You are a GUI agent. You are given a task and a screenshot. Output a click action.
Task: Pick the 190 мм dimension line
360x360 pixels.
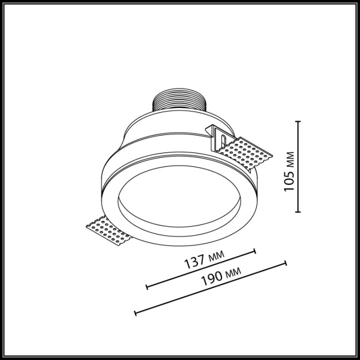(210, 287)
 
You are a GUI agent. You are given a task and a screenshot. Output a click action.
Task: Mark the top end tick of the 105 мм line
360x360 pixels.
(299, 121)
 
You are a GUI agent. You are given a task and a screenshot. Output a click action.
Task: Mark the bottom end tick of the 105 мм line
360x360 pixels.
(299, 212)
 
